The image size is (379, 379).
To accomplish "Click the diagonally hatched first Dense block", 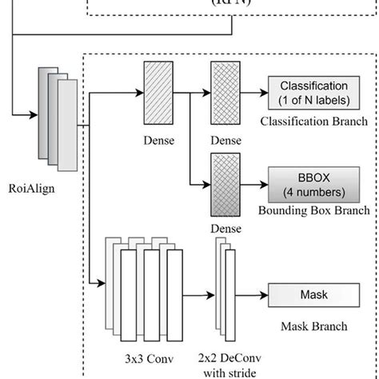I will (153, 93).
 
